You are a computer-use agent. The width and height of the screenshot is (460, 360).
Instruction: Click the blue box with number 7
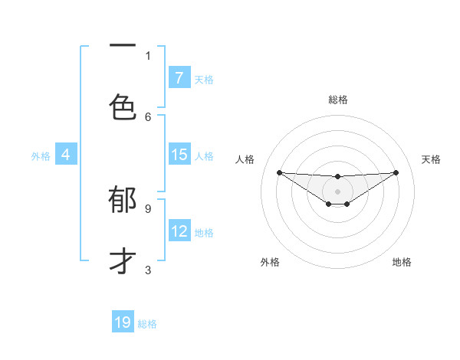tap(179, 78)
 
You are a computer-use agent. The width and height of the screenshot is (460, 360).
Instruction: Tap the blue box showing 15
tap(179, 155)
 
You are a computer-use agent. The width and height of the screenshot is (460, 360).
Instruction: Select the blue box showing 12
tap(179, 231)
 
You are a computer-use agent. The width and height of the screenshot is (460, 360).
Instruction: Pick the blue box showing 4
tap(65, 155)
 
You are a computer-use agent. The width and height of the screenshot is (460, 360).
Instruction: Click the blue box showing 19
tap(123, 322)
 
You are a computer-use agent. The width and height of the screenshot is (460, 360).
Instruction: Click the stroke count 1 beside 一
tap(148, 55)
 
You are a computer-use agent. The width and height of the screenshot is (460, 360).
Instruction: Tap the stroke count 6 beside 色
tap(148, 116)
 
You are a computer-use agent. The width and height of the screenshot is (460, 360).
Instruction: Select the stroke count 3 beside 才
tap(148, 270)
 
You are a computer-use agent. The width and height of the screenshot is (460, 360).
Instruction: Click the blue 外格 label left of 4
tap(41, 155)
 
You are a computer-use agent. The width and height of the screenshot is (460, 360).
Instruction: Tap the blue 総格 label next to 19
tap(147, 324)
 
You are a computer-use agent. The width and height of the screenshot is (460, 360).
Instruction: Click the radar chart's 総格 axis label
tap(337, 100)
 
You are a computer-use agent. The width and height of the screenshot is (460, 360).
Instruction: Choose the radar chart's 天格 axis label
tap(431, 159)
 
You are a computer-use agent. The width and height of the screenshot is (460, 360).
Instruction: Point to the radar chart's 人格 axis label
tap(245, 159)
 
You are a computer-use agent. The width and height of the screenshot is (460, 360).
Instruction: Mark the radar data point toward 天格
tap(396, 172)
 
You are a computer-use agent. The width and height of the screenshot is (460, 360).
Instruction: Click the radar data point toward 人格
tap(279, 172)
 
